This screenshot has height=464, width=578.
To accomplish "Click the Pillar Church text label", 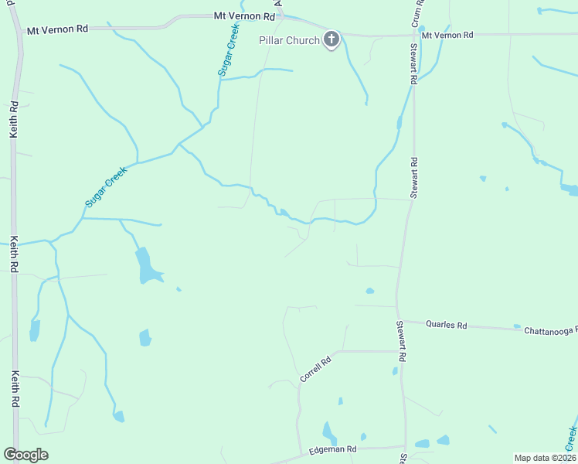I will click(288, 40).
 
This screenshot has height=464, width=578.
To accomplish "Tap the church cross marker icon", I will click(331, 39).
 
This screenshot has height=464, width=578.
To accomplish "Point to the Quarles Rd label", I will click(447, 326).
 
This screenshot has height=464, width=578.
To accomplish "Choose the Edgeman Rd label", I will click(332, 449).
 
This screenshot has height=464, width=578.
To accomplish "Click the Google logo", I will click(25, 455).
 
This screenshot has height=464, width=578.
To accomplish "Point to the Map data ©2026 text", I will click(545, 458).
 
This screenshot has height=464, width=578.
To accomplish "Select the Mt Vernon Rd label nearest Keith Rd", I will click(57, 29).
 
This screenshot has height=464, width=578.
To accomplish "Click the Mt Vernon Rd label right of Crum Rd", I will click(447, 36).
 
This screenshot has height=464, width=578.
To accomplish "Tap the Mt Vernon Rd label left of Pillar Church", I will click(245, 16).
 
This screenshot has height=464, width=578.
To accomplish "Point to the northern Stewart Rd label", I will click(414, 179).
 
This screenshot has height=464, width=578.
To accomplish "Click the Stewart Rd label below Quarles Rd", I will click(401, 341).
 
